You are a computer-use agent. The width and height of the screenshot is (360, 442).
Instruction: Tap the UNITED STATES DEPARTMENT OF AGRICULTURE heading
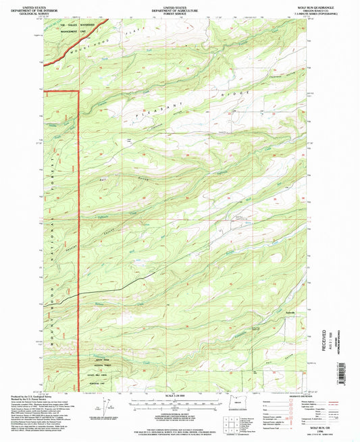click(x=180, y=6)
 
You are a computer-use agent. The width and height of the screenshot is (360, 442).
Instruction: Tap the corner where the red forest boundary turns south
click(x=79, y=90)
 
